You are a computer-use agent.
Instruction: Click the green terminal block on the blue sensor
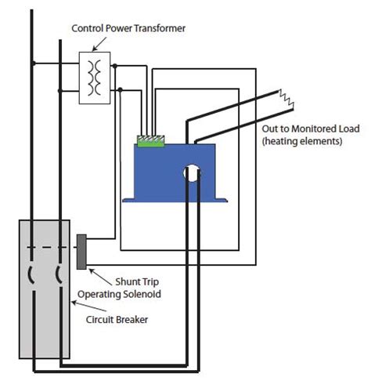tap(149, 140)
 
